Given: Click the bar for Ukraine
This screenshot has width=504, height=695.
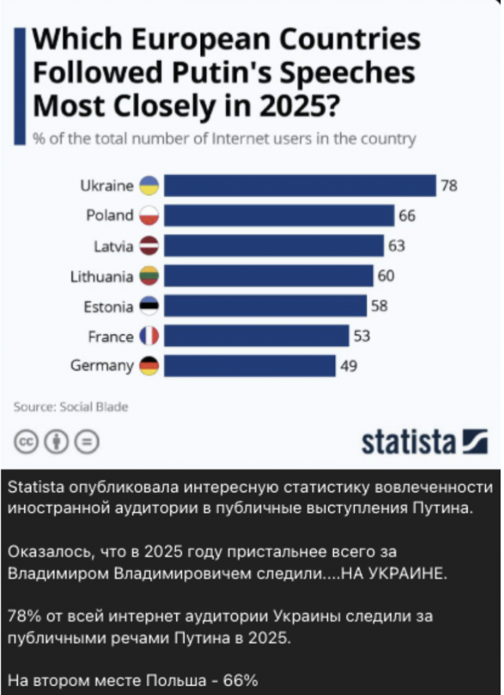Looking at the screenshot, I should [x=300, y=185].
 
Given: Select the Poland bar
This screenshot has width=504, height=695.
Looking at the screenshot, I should [x=279, y=216].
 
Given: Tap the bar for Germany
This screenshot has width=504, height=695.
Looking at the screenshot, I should [x=250, y=366].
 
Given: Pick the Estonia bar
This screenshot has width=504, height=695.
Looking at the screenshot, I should [x=265, y=306].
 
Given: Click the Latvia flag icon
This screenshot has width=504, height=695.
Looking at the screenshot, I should [x=149, y=246].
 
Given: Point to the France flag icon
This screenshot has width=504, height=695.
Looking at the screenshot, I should [x=149, y=336].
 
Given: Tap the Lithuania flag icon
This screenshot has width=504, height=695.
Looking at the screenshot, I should [x=149, y=276].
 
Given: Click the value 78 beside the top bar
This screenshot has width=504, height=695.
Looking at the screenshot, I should [x=449, y=185].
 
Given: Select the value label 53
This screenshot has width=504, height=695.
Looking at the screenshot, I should [x=362, y=336].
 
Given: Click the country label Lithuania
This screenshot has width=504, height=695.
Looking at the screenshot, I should [x=102, y=276].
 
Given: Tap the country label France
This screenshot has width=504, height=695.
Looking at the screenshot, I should [x=111, y=336].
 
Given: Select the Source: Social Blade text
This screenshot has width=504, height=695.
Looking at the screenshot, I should [x=71, y=407].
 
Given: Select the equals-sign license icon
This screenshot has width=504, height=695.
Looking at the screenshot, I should [x=87, y=442].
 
